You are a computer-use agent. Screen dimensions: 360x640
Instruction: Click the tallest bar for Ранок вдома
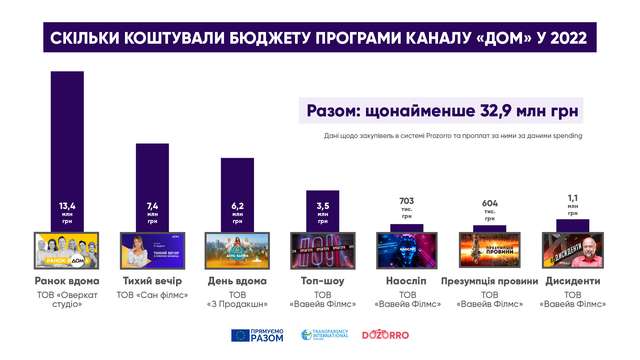point(66,150)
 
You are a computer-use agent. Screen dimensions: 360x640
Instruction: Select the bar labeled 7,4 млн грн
point(152,185)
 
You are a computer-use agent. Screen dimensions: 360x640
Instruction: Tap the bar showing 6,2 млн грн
point(237,193)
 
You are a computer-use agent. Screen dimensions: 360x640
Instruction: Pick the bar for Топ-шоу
point(321,211)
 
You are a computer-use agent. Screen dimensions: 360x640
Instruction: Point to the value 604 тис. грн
point(490,203)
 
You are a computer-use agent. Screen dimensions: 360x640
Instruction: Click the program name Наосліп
point(406,282)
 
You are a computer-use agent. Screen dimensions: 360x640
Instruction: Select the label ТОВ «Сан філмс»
point(152,297)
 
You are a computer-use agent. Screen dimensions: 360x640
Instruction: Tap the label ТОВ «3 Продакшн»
point(237,304)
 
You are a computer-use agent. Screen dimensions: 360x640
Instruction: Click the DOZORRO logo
point(384,336)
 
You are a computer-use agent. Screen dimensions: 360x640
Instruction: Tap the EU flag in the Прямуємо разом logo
point(240,336)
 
